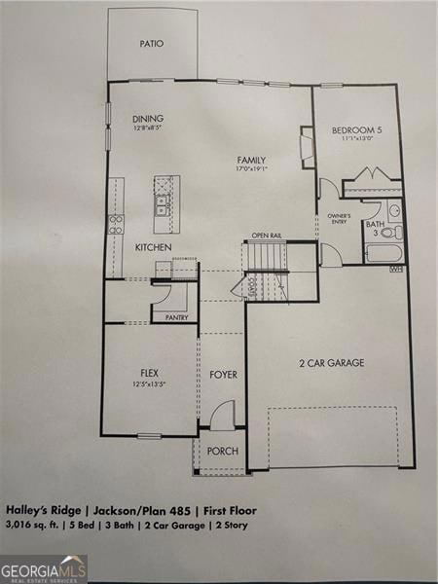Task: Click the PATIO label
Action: click(151, 44)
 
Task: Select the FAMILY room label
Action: click(251, 160)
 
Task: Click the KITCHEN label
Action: click(154, 248)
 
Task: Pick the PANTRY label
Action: click(176, 317)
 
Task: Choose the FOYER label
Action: click(223, 374)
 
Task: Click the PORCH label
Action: click(223, 451)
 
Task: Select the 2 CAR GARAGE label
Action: click(331, 363)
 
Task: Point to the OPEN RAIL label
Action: click(267, 236)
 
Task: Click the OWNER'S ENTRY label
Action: click(339, 218)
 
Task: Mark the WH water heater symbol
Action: click(396, 270)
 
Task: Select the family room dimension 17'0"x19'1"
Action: click(251, 169)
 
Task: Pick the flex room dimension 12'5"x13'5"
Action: click(149, 383)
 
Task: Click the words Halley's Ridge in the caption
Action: click(40, 509)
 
